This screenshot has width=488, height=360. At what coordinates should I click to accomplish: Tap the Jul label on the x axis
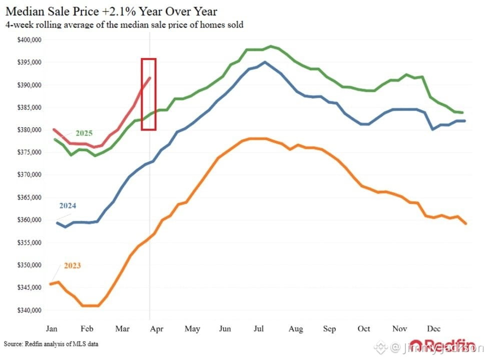259,328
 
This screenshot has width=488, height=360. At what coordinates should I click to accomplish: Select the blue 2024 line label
68,205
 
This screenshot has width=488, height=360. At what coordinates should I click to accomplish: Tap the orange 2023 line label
72,265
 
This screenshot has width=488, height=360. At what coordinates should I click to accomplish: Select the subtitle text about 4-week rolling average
124,24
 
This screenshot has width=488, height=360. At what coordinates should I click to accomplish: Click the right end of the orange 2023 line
466,223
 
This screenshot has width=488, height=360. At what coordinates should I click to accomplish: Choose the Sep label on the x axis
329,328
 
